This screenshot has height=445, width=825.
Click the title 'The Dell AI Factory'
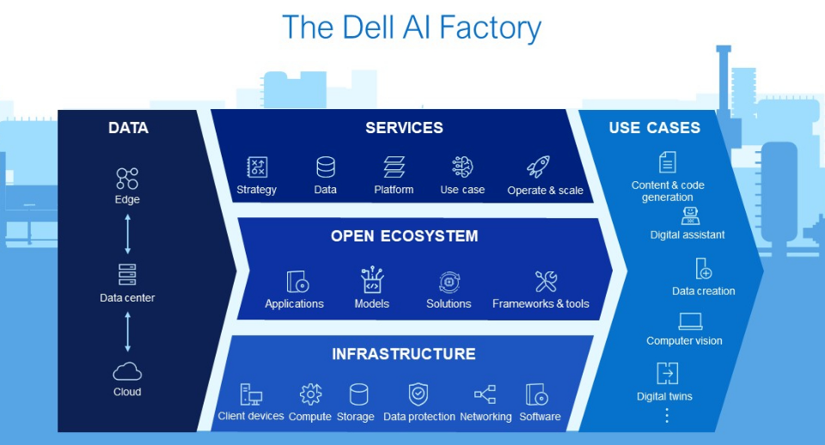pos(412,27)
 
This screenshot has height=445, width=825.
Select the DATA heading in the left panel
pos(128,128)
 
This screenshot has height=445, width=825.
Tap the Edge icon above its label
pos(127,178)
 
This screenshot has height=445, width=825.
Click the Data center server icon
pos(127,275)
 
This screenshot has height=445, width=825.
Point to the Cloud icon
pos(127,371)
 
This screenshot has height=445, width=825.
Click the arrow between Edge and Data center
pos(127,232)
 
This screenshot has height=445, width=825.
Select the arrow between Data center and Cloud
pos(127,331)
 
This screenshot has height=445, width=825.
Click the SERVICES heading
pos(404,128)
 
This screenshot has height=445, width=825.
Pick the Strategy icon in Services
pos(257,168)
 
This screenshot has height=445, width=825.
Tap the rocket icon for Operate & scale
pos(539,167)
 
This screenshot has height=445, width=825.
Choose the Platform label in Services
pos(394,190)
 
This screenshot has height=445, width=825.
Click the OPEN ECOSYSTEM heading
pos(404,236)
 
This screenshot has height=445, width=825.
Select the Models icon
pos(372,281)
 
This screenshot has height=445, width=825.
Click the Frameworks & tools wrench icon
pos(546,281)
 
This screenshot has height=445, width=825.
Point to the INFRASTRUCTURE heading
pos(403,354)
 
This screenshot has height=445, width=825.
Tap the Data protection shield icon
pos(419,394)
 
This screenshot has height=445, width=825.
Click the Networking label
pos(486,417)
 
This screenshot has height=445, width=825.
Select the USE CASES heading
pos(654,128)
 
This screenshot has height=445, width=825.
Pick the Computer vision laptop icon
pos(690,321)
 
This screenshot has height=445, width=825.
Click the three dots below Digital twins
pos(667,416)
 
